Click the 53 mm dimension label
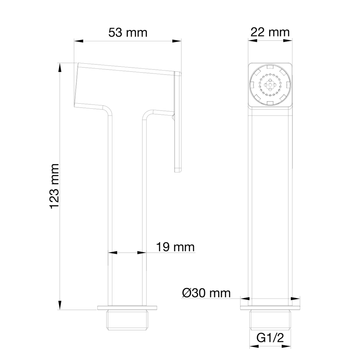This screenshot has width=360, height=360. click(x=128, y=32)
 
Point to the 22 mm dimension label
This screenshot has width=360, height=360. click(x=270, y=32)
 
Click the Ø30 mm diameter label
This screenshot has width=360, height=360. click(x=206, y=293)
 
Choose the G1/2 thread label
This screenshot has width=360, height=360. click(x=270, y=338)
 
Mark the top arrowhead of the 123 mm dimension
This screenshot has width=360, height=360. click(x=60, y=67)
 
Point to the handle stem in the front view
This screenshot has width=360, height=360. click(x=270, y=202)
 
